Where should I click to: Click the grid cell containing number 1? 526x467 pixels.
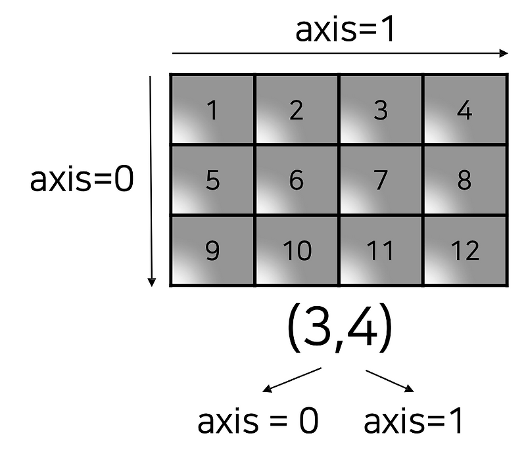(212, 110)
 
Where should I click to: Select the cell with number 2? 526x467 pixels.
(297, 110)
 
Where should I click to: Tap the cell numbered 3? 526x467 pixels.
(381, 110)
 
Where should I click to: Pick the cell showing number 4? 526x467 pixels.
(465, 110)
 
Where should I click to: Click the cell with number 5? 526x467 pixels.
(212, 180)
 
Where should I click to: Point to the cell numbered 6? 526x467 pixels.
(297, 180)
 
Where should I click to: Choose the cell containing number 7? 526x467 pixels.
(381, 180)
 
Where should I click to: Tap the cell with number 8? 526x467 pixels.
(465, 180)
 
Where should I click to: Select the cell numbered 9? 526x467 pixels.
(212, 250)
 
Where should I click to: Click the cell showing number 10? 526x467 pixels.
(297, 250)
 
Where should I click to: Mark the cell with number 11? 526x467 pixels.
(381, 250)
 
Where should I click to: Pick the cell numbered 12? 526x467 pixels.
(465, 250)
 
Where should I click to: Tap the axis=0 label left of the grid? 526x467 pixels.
(82, 179)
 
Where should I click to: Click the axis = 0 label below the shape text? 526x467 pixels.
(258, 422)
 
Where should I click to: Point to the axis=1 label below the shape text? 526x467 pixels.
(414, 422)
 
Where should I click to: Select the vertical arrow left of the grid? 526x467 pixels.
(152, 181)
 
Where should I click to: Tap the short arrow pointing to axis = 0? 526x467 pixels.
(291, 380)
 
